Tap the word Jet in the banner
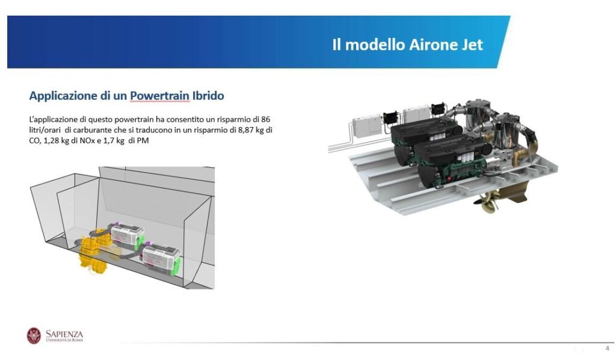pos(470,45)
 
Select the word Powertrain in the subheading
pos(160,96)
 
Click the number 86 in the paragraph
pos(265,119)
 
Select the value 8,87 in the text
pos(246,129)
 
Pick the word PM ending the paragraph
pos(143,140)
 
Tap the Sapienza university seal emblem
pos(34,336)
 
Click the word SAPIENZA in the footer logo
pos(64,334)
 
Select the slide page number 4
pos(608,348)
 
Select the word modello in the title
pos(375,45)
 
